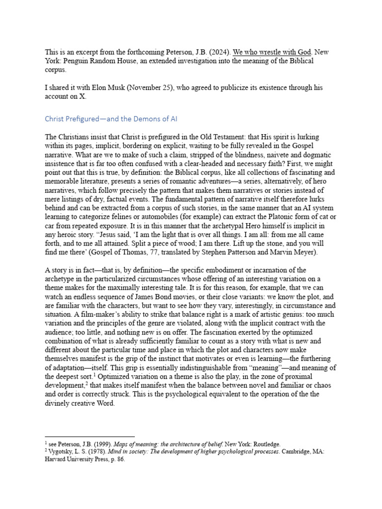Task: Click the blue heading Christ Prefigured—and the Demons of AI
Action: [111, 119]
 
